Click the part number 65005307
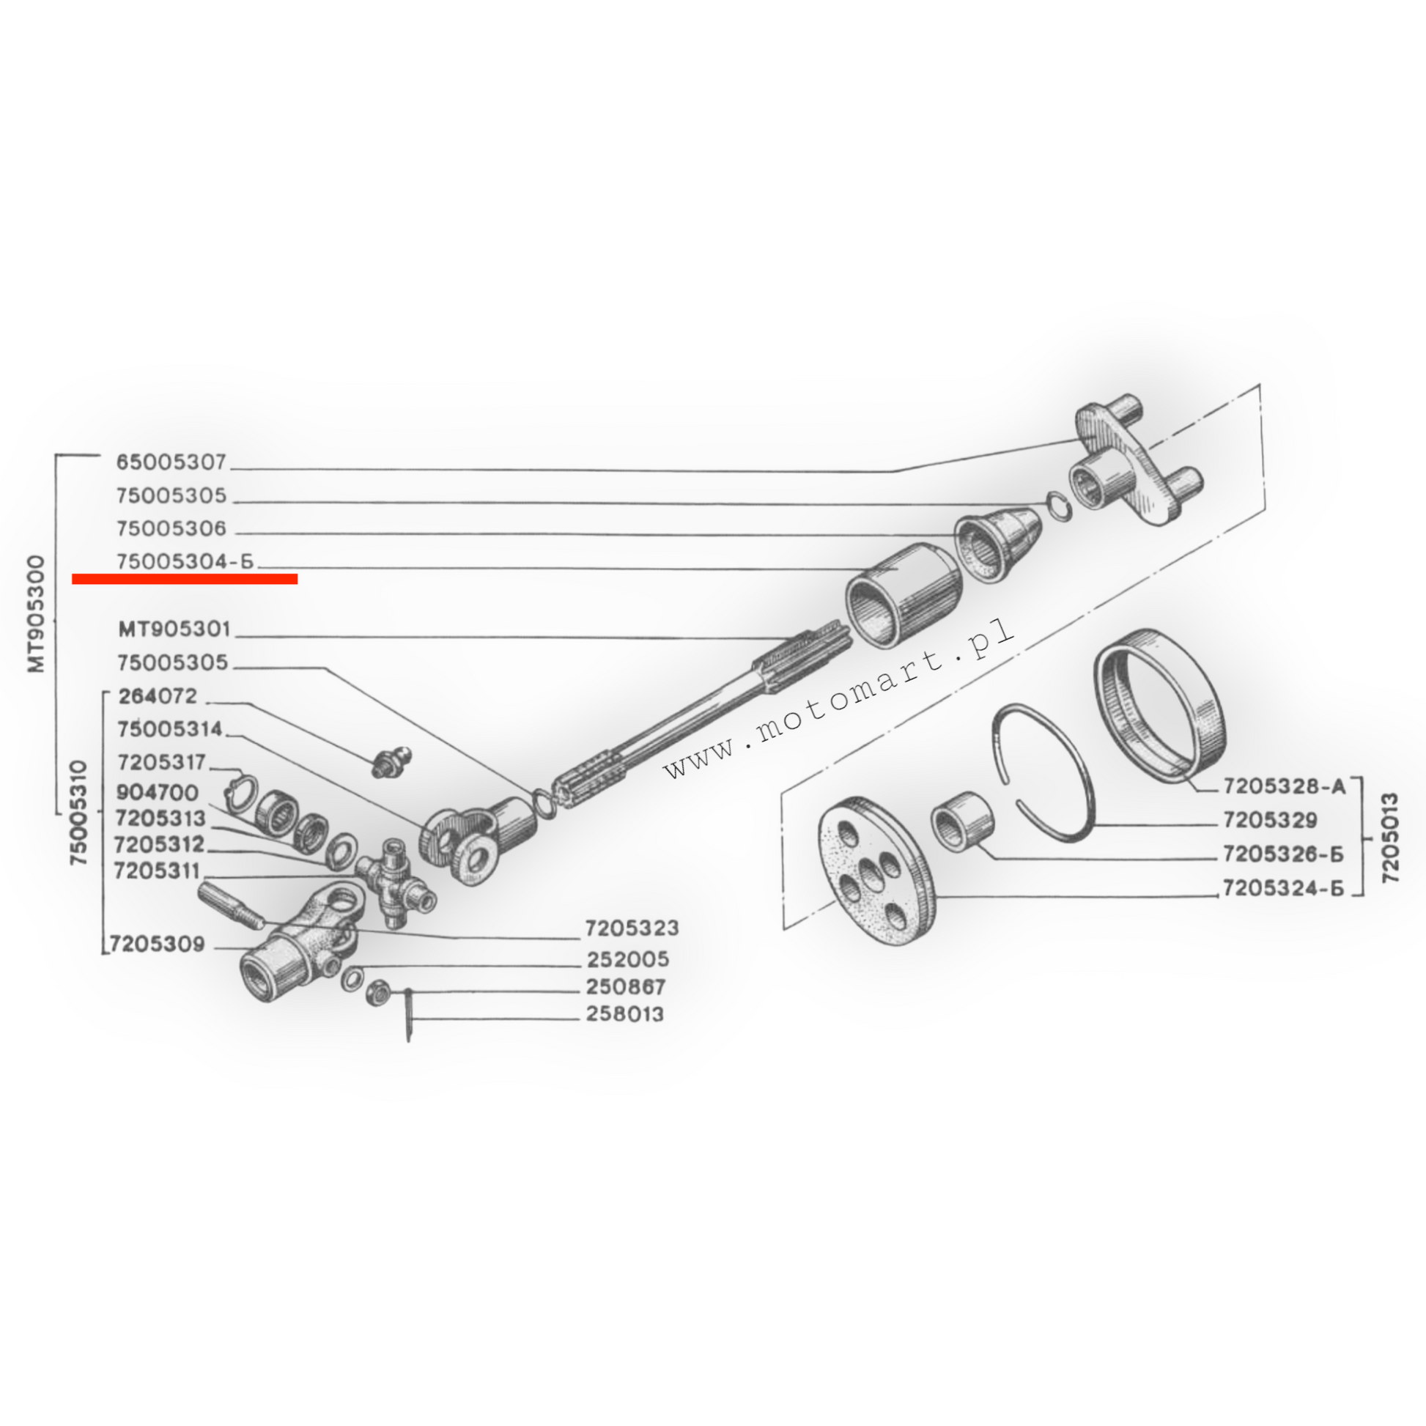(x=171, y=463)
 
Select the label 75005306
(x=171, y=529)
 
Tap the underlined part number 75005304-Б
(x=185, y=562)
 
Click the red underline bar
(x=185, y=580)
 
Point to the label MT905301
(x=174, y=629)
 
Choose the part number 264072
(x=158, y=696)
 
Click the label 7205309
(x=157, y=944)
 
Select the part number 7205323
(x=632, y=928)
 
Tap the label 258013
(x=625, y=1014)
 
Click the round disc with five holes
(x=875, y=872)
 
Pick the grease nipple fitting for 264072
(x=390, y=761)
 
